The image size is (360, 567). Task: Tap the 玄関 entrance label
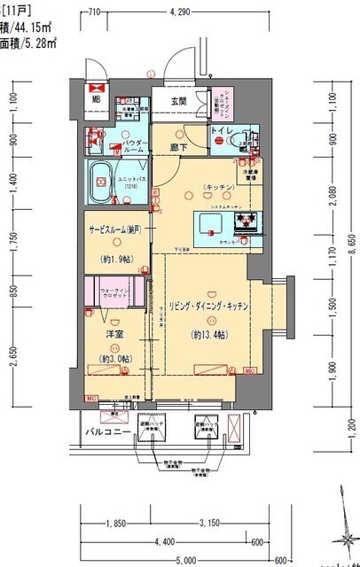click(x=178, y=100)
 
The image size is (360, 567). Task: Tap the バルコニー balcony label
click(x=97, y=431)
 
